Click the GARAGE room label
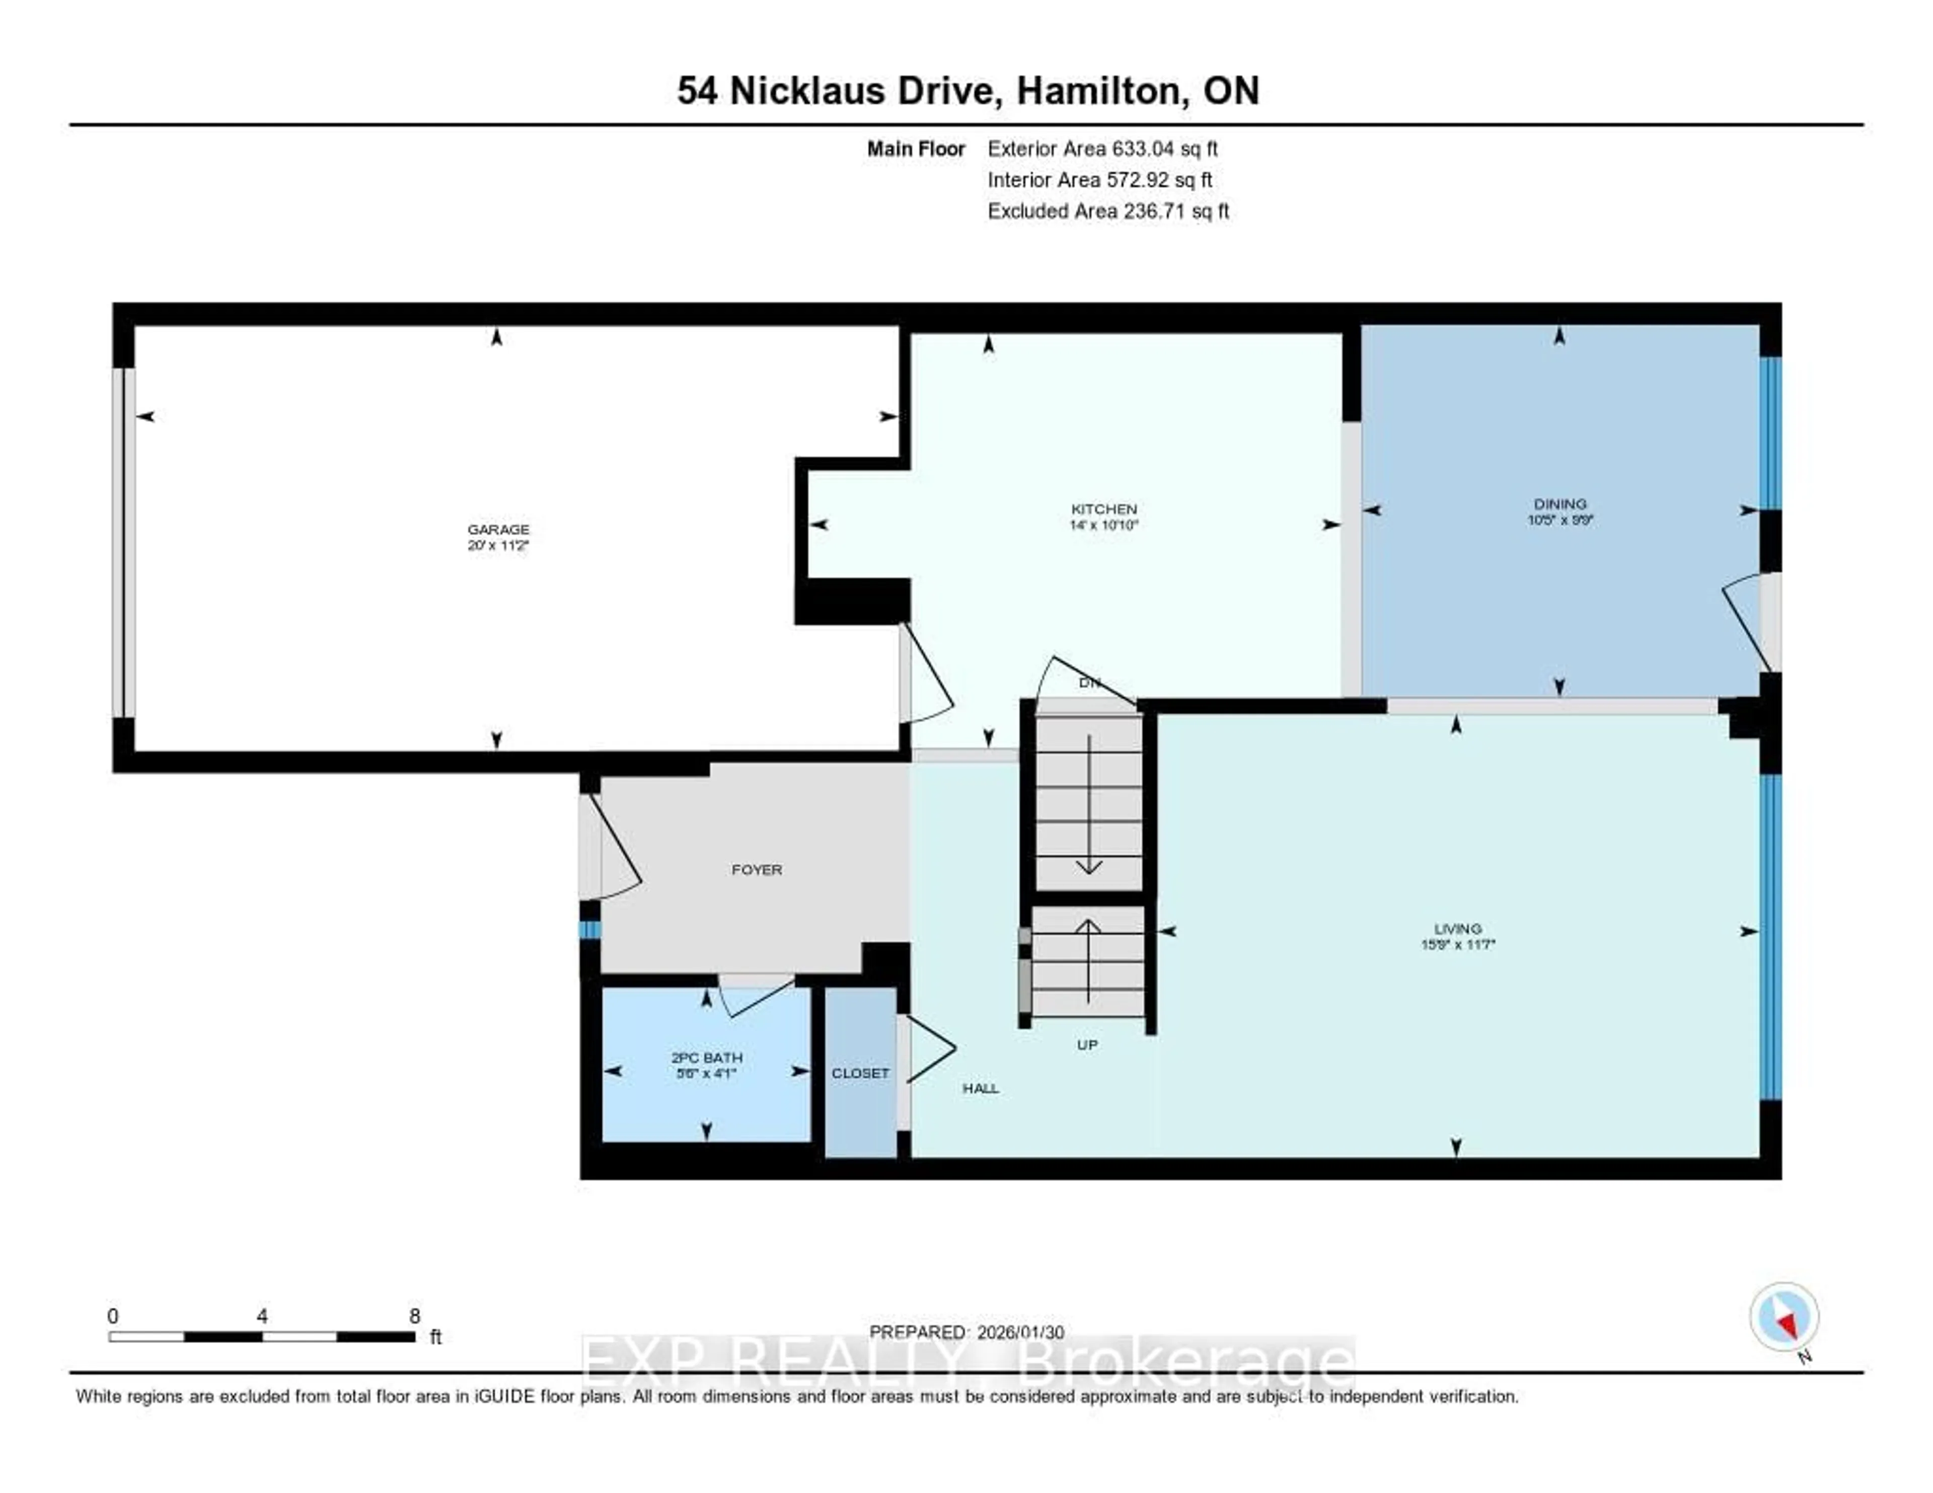(x=498, y=529)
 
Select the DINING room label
(x=1559, y=503)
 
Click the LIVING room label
(x=1457, y=928)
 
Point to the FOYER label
(x=757, y=870)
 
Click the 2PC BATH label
(x=706, y=1058)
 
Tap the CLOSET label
(x=859, y=1073)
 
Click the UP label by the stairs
(x=1087, y=1045)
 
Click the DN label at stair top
(x=1089, y=683)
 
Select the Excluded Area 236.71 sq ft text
(x=1107, y=210)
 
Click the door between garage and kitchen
(x=925, y=677)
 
